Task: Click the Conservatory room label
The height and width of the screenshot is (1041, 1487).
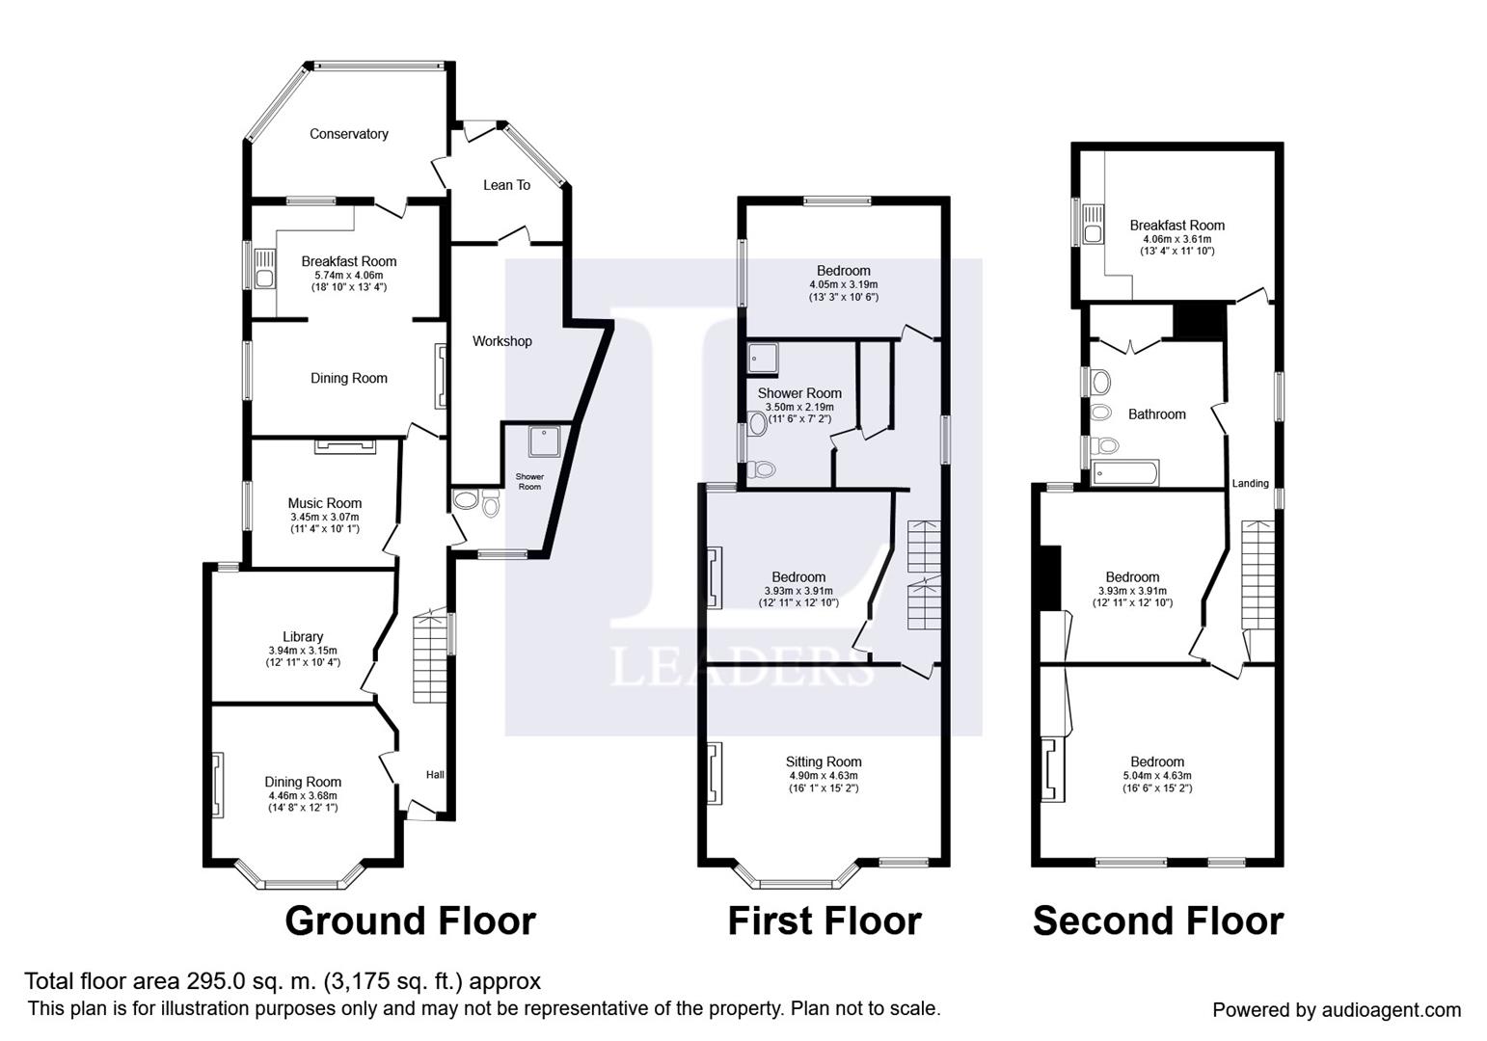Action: coord(348,134)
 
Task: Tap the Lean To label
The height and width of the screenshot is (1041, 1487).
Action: coord(506,185)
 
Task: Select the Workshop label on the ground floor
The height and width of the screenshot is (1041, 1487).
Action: coord(501,341)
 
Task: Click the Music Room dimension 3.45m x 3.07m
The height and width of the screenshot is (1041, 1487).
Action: coord(325,517)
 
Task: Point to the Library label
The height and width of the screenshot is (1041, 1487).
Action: coord(303,636)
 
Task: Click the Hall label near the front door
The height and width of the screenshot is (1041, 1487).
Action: coord(435,774)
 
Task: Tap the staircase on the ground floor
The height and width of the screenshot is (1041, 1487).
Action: coord(430,656)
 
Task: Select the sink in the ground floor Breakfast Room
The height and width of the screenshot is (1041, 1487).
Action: coord(264,269)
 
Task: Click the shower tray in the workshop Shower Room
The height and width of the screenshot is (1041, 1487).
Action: coord(544,441)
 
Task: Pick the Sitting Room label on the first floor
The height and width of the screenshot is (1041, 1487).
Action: coord(824,761)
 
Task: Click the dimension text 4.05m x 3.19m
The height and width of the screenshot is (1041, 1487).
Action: coord(843,284)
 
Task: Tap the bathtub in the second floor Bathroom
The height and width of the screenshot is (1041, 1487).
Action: coord(1125,473)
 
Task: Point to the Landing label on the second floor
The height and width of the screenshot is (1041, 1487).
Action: coord(1250,483)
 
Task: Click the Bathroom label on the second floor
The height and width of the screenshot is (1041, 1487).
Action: coord(1156,414)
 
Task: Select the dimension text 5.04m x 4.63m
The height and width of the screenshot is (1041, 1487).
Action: coord(1157,775)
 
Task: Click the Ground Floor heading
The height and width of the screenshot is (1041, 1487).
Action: coord(410,921)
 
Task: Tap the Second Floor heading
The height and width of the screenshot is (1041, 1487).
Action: coord(1158,921)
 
